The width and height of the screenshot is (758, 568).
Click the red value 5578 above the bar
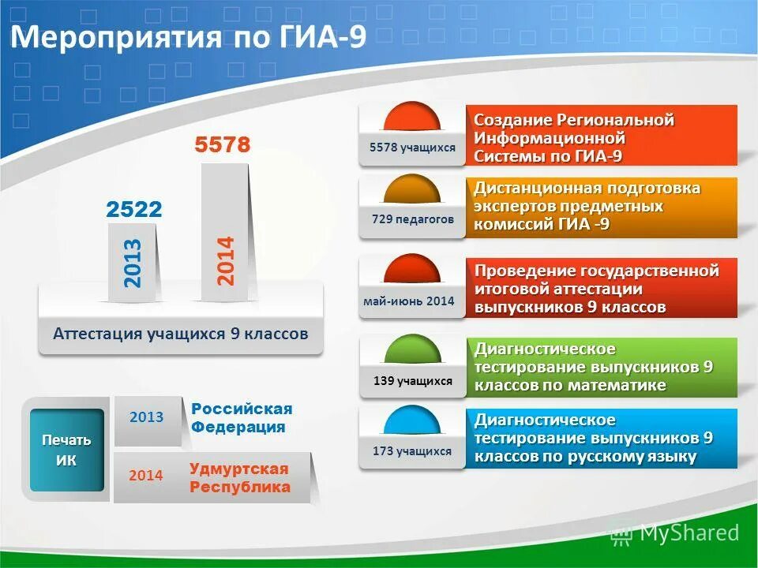pyautogui.click(x=223, y=145)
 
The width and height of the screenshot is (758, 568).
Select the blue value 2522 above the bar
pyautogui.click(x=134, y=209)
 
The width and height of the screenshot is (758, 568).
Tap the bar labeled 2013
pyautogui.click(x=132, y=263)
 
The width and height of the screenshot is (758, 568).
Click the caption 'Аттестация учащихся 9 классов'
pyautogui.click(x=181, y=334)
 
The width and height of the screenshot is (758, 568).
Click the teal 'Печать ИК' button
pyautogui.click(x=67, y=450)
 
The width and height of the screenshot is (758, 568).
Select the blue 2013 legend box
pyautogui.click(x=147, y=417)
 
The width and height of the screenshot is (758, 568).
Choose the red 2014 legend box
pyautogui.click(x=146, y=476)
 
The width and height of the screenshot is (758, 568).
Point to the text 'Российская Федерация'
pyautogui.click(x=241, y=418)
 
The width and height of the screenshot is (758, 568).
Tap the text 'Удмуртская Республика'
pyautogui.click(x=239, y=478)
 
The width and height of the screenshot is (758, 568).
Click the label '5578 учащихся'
pyautogui.click(x=412, y=148)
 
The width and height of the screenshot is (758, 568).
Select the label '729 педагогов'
pyautogui.click(x=413, y=219)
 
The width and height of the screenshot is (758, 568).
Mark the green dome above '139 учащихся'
pyautogui.click(x=412, y=349)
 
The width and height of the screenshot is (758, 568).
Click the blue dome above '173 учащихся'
pyautogui.click(x=412, y=420)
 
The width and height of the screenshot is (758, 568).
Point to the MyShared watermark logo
pyautogui.click(x=675, y=533)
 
